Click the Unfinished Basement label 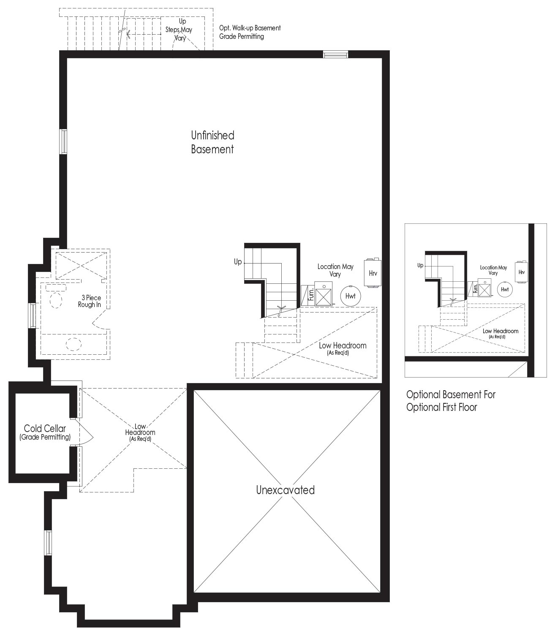pyautogui.click(x=212, y=142)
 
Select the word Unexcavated pyautogui.click(x=285, y=490)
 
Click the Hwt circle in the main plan pyautogui.click(x=351, y=296)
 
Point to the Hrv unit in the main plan pyautogui.click(x=373, y=273)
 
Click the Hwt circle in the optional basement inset pyautogui.click(x=505, y=289)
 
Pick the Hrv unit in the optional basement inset pyautogui.click(x=521, y=272)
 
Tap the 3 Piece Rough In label pyautogui.click(x=90, y=301)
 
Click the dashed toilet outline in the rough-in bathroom pyautogui.click(x=56, y=300)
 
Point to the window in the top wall pyautogui.click(x=335, y=55)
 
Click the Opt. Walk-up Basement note pyautogui.click(x=250, y=32)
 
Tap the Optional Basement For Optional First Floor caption pyautogui.click(x=451, y=401)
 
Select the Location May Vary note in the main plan pyautogui.click(x=335, y=270)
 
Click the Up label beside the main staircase pyautogui.click(x=237, y=262)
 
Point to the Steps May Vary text pyautogui.click(x=179, y=33)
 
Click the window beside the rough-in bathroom pyautogui.click(x=33, y=315)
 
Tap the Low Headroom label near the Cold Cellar pyautogui.click(x=140, y=432)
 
